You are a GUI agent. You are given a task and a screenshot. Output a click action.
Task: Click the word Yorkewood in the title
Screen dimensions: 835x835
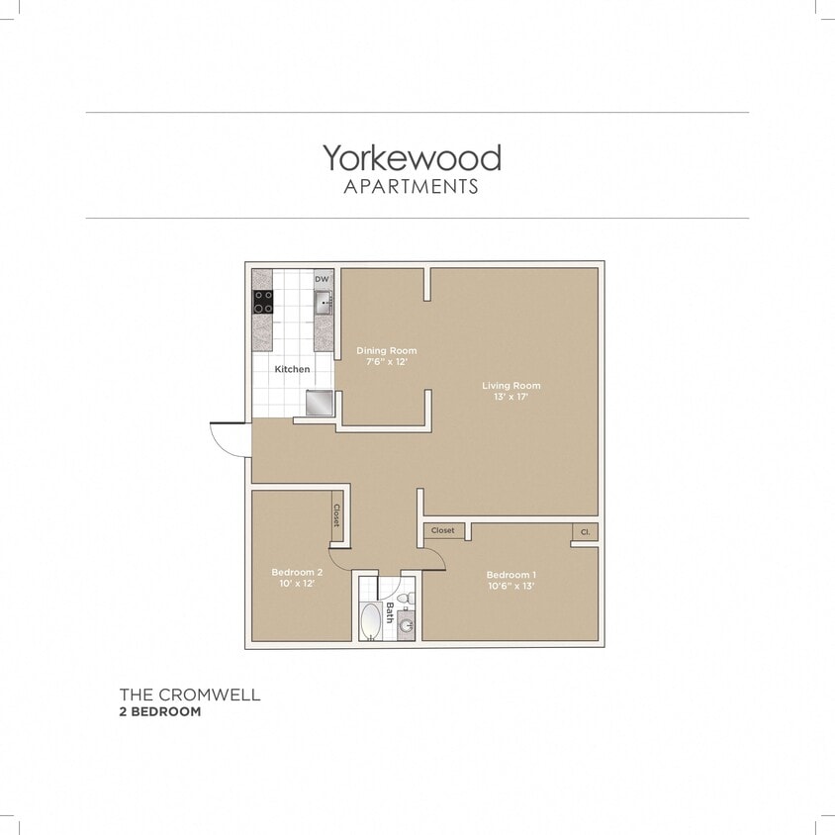coord(411,158)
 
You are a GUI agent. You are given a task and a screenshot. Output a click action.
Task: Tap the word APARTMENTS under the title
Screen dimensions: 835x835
coord(411,186)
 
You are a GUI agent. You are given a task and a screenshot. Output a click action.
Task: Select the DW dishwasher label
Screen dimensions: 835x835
coord(322,279)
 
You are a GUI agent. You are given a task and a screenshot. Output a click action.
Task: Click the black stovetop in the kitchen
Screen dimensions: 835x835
coord(263,302)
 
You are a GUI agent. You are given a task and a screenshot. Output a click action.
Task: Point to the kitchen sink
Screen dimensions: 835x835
coord(324,305)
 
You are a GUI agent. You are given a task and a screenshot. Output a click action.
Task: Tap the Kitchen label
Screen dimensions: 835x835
coord(292,369)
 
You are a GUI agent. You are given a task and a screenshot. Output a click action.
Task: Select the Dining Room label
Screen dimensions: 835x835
coord(386,350)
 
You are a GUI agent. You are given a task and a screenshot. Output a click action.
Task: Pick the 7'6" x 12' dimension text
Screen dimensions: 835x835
coord(386,362)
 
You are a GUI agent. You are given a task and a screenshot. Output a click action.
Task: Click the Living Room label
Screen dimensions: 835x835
coord(511,385)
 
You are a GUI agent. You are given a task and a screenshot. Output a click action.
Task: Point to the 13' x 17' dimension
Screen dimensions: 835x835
coord(511,397)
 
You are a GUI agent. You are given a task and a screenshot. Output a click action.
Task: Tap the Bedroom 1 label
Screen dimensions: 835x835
coord(511,575)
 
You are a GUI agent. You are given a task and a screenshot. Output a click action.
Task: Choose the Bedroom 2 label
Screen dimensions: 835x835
coord(297,572)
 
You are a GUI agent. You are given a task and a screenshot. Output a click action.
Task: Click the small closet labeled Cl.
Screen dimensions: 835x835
coord(585,532)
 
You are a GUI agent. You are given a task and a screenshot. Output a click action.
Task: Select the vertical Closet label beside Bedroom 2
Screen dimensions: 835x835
coord(336,514)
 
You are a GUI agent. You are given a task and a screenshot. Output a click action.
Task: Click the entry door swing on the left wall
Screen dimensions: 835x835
coord(230,438)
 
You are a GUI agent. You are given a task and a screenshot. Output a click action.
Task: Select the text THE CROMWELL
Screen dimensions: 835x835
coord(190,695)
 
